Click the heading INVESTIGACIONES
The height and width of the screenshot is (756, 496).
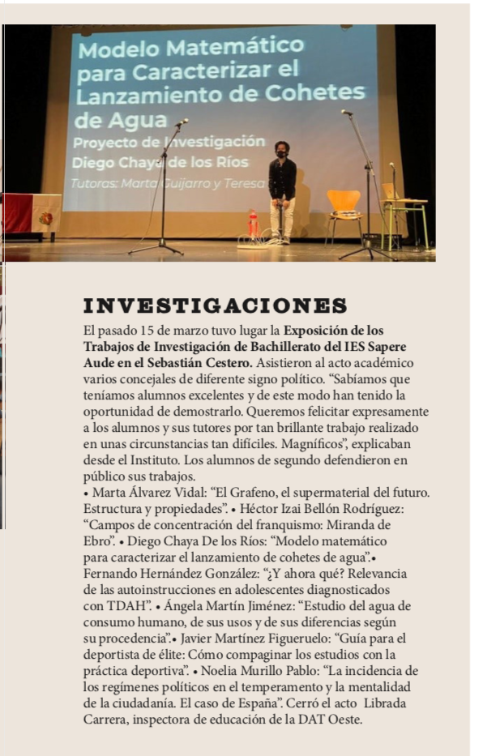[x=216, y=306]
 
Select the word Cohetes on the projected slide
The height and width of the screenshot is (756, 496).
[x=319, y=94]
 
